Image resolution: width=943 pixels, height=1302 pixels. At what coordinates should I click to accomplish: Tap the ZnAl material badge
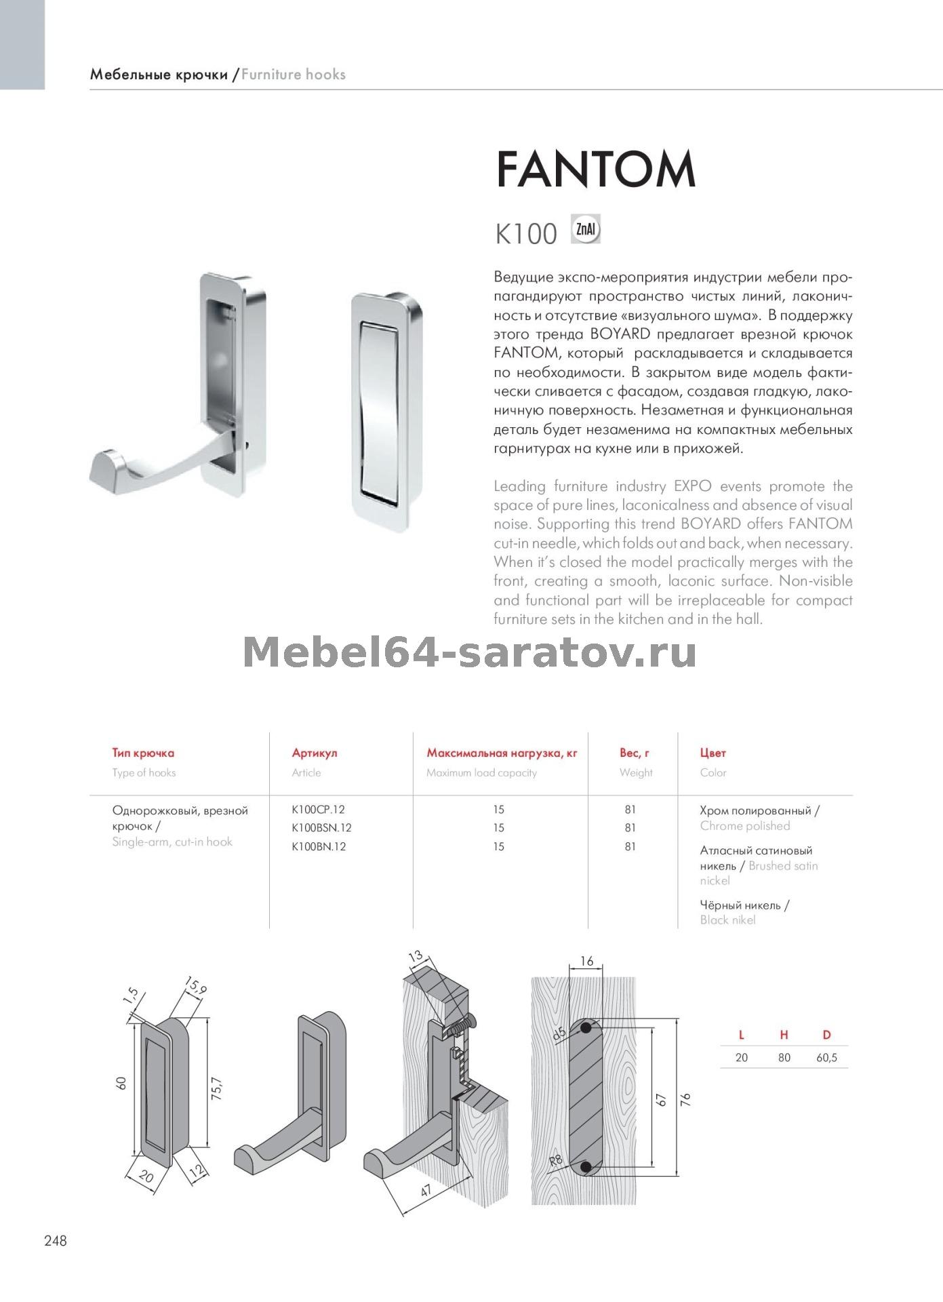586,229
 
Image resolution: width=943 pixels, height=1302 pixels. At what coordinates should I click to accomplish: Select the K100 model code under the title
526,235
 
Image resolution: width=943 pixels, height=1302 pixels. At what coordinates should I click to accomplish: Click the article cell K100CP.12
318,809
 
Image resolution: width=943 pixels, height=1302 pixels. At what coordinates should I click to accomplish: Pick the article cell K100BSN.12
321,827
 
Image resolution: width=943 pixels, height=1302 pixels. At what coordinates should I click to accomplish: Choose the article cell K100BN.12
319,846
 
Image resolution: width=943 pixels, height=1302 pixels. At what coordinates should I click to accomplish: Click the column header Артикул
315,753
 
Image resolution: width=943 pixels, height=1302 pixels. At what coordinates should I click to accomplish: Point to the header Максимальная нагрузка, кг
502,753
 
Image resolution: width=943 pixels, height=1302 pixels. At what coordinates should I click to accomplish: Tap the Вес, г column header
635,753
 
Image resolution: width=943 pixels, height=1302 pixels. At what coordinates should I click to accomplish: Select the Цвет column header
713,753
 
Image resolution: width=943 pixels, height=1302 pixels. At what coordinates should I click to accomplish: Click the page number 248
56,1241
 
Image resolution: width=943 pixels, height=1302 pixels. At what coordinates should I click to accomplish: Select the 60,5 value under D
826,1057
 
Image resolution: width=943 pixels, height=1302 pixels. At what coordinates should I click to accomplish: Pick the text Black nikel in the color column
727,920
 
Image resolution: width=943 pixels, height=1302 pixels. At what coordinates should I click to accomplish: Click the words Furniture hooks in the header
294,75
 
